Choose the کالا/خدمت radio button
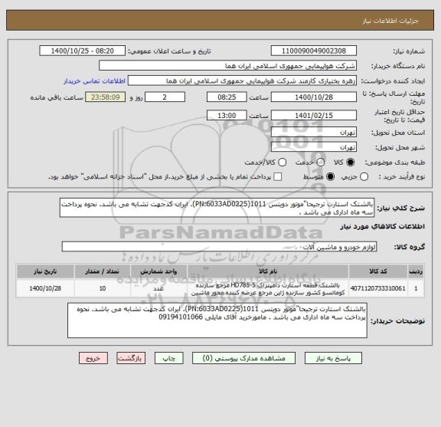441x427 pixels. point(261,163)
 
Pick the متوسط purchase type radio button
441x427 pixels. point(331,177)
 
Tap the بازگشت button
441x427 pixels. point(131,358)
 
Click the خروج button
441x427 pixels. point(91,358)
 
